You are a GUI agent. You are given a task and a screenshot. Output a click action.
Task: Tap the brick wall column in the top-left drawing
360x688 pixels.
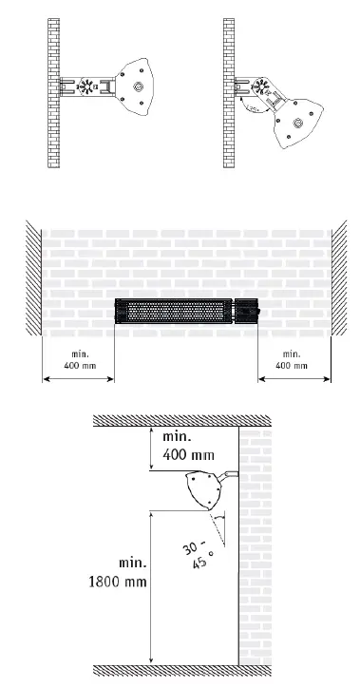click(53, 90)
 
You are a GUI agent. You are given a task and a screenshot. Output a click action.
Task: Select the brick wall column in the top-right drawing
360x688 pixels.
click(228, 90)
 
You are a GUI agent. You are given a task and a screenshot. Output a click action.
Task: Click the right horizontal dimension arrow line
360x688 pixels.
click(294, 379)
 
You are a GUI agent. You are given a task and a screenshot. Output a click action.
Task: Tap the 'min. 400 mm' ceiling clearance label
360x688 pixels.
click(189, 446)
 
